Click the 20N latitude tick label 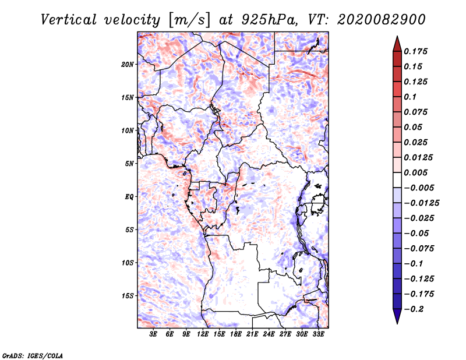click(128, 64)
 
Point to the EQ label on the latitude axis click(129, 197)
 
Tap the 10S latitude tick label click(128, 263)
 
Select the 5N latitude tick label click(129, 164)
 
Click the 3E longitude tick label click(154, 334)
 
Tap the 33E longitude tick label click(319, 334)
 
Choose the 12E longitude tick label click(203, 334)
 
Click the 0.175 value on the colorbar click(416, 51)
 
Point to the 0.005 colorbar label click(416, 172)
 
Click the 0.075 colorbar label click(416, 112)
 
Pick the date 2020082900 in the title click(377, 19)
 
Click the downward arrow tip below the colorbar click(397, 322)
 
